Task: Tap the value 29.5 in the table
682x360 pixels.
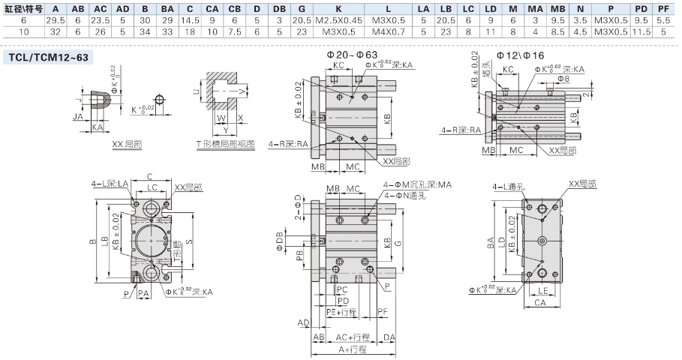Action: coord(56,19)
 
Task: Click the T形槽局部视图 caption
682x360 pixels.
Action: coord(225,142)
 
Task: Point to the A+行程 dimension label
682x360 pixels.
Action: coord(352,350)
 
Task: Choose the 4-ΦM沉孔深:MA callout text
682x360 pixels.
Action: coord(418,184)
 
